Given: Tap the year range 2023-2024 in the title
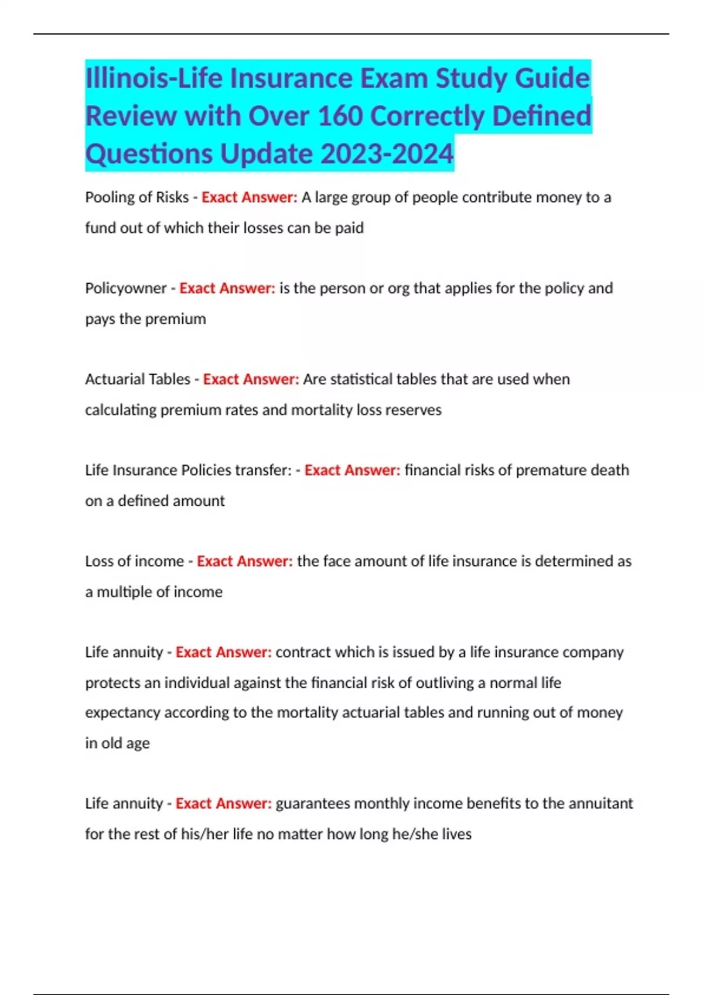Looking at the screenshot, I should [387, 154].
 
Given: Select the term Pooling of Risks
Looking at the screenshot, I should [136, 197].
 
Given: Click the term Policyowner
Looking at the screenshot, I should [126, 289].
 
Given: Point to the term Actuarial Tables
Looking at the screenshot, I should [138, 379].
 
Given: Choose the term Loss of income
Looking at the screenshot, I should [134, 561].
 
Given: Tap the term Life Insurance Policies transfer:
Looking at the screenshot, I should [188, 471].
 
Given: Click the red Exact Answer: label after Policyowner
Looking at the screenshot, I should [227, 289].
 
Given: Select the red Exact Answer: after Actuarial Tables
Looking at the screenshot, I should [251, 379].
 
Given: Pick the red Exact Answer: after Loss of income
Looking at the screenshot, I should [244, 561].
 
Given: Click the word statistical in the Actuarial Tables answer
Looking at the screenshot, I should [361, 379].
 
